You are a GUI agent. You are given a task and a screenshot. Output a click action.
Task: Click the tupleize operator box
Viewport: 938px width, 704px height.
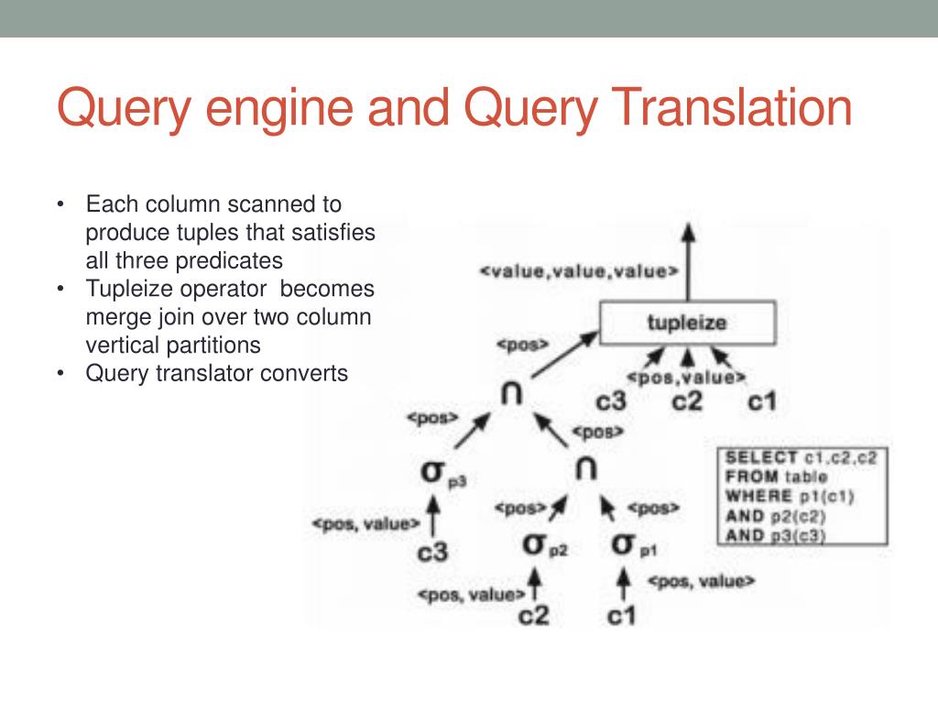[x=687, y=323]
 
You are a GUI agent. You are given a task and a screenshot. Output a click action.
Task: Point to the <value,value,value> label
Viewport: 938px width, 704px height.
[x=580, y=271]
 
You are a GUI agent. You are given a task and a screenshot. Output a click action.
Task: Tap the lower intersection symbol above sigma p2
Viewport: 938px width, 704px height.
[x=586, y=468]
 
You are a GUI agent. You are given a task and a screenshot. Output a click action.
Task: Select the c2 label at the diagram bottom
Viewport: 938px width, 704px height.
[x=533, y=616]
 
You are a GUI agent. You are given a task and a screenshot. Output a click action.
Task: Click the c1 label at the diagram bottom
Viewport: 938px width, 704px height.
[x=621, y=616]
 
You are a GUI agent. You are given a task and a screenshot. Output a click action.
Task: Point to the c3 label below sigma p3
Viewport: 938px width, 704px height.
[x=433, y=554]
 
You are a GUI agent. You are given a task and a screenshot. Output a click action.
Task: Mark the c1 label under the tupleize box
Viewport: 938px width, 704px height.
[x=762, y=401]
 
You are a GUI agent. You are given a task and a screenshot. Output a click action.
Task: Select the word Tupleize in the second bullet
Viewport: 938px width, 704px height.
[x=128, y=289]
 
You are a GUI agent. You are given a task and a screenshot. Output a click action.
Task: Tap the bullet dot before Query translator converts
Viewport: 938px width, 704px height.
[x=61, y=374]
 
